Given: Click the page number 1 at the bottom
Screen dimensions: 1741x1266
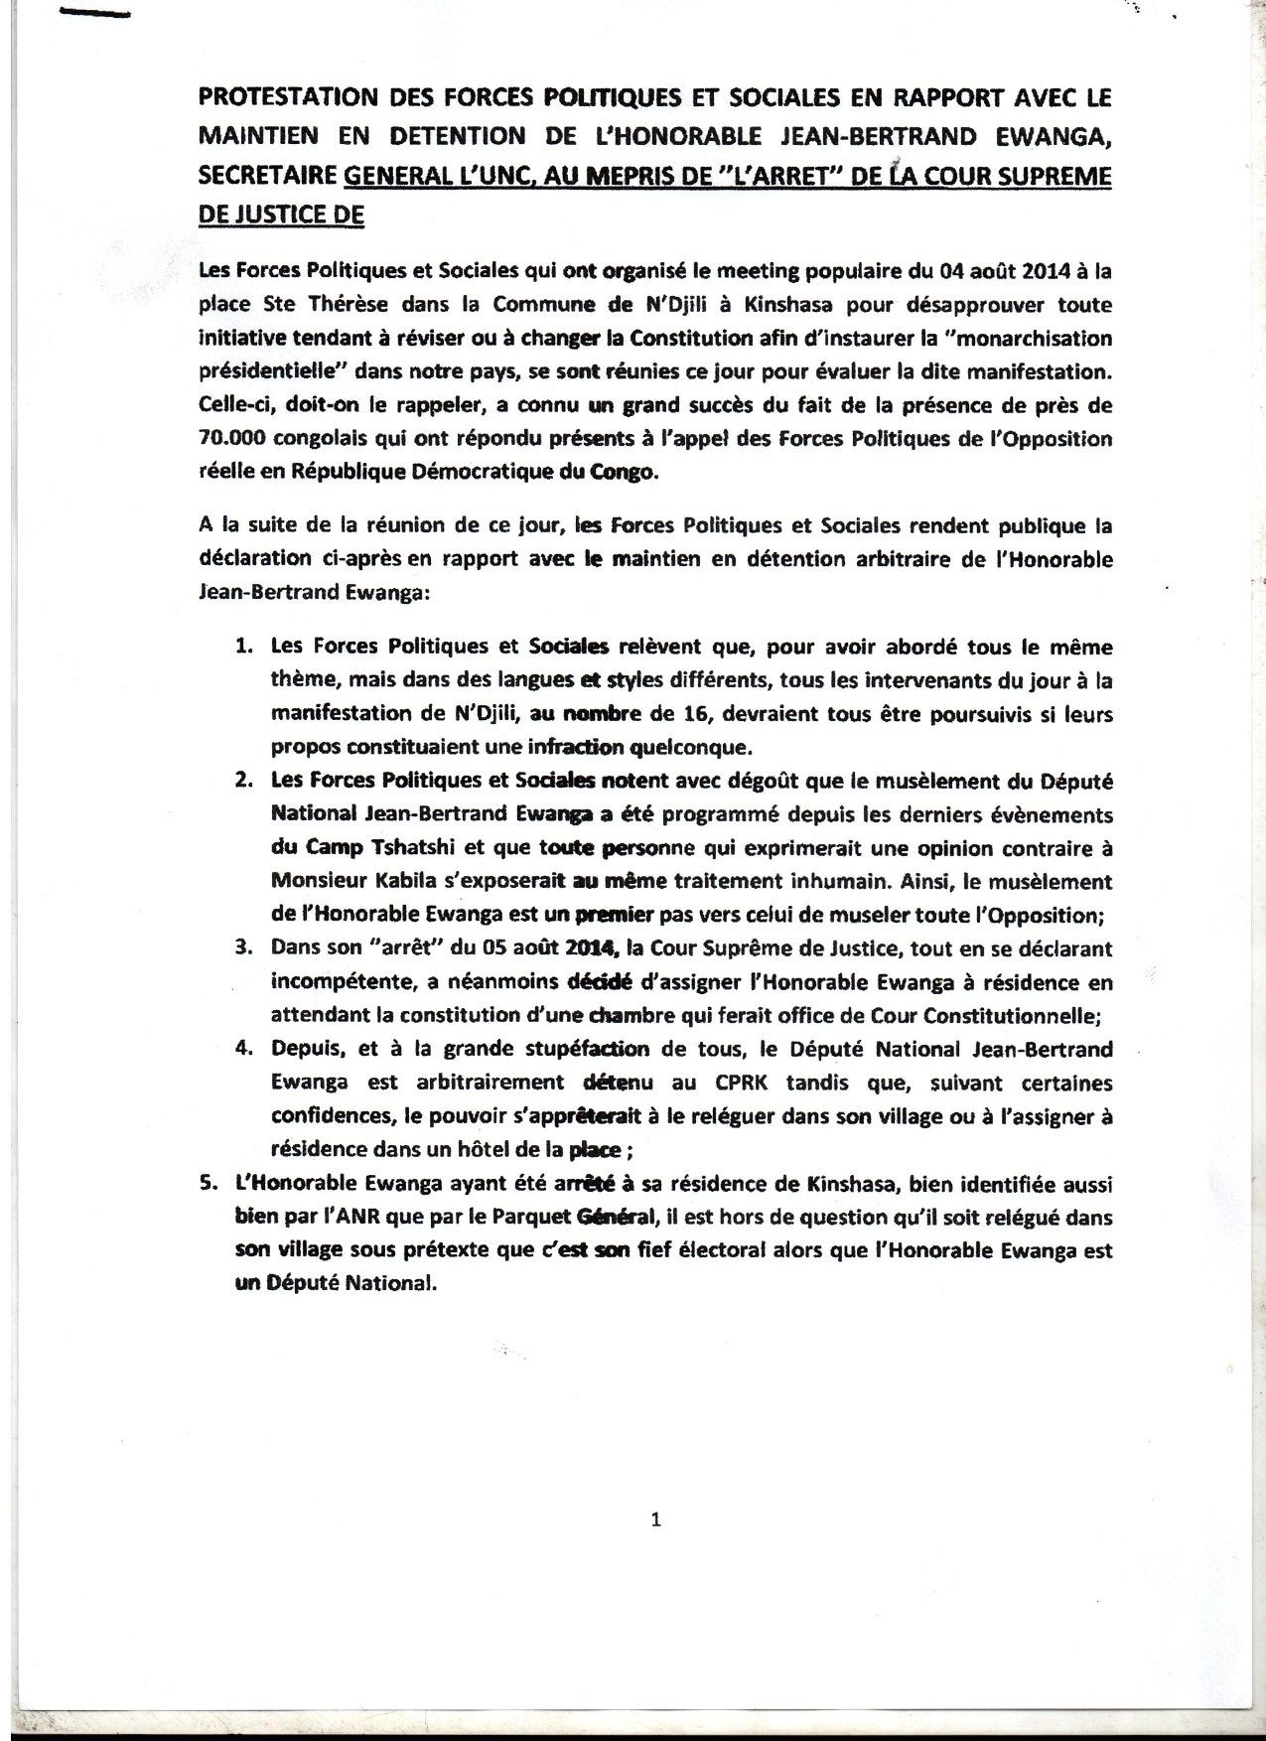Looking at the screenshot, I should [x=653, y=1546].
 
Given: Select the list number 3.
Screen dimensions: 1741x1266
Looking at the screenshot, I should [x=242, y=947].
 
